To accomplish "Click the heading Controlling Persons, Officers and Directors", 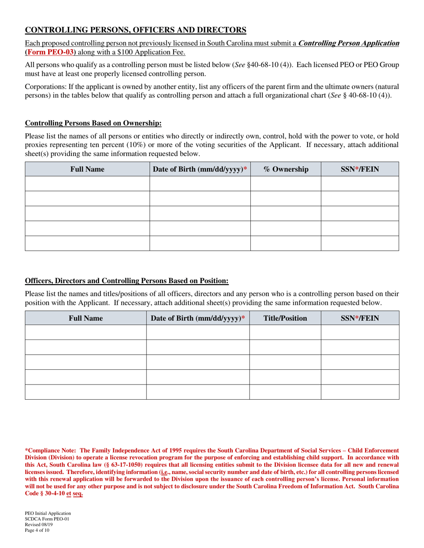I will (135, 30).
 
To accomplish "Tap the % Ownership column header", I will (286, 169).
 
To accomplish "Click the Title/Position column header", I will (285, 318).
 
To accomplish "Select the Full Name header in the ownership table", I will (87, 169).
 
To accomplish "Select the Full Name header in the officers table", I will (86, 318).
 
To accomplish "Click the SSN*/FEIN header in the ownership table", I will (360, 169).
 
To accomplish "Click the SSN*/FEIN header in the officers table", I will (360, 318).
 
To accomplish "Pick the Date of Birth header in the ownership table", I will (200, 169).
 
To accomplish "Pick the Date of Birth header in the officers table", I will (198, 318).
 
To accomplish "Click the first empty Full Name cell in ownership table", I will (87, 184).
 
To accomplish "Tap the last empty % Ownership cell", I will (286, 243).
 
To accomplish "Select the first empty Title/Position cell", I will (285, 332).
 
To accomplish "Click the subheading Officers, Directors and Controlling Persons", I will (127, 281).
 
